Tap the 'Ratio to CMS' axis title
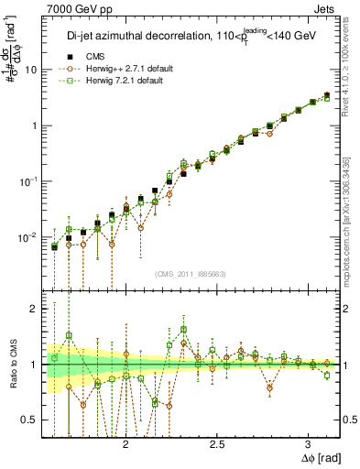[12, 365]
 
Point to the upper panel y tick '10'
[30, 70]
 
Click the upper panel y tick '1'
[34, 125]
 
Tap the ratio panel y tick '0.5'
[29, 420]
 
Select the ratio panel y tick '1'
[34, 365]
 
